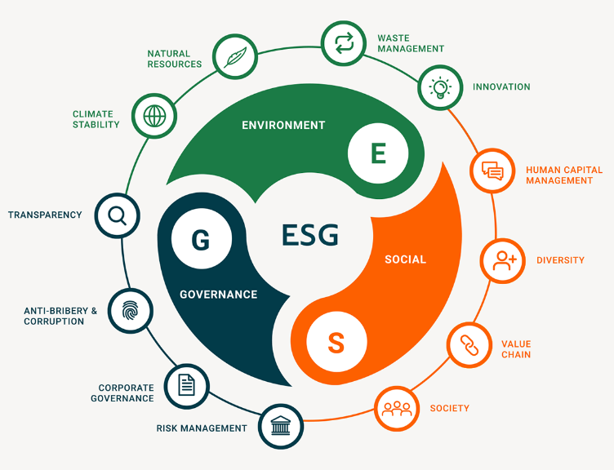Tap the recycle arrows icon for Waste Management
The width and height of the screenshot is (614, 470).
(344, 43)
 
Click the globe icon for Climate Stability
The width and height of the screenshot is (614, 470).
(154, 116)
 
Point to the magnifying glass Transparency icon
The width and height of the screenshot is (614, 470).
(118, 215)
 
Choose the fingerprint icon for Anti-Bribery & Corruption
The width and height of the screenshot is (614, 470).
(130, 310)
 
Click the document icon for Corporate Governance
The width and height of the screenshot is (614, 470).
(186, 384)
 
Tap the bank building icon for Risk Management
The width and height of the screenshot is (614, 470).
(281, 426)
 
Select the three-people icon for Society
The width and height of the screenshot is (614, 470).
(397, 407)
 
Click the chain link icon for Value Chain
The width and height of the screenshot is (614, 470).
(469, 344)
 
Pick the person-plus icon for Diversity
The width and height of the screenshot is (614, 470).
(502, 260)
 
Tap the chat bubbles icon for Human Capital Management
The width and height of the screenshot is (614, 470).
(492, 171)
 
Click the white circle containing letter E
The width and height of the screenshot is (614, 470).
(378, 153)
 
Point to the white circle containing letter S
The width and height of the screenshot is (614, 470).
(336, 342)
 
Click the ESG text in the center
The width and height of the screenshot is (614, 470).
(309, 235)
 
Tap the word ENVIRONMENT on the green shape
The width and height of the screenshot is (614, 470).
(283, 126)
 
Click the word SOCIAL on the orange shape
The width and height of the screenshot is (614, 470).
(405, 259)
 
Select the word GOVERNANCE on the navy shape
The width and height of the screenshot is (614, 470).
(218, 295)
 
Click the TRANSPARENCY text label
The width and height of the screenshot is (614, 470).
(45, 215)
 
